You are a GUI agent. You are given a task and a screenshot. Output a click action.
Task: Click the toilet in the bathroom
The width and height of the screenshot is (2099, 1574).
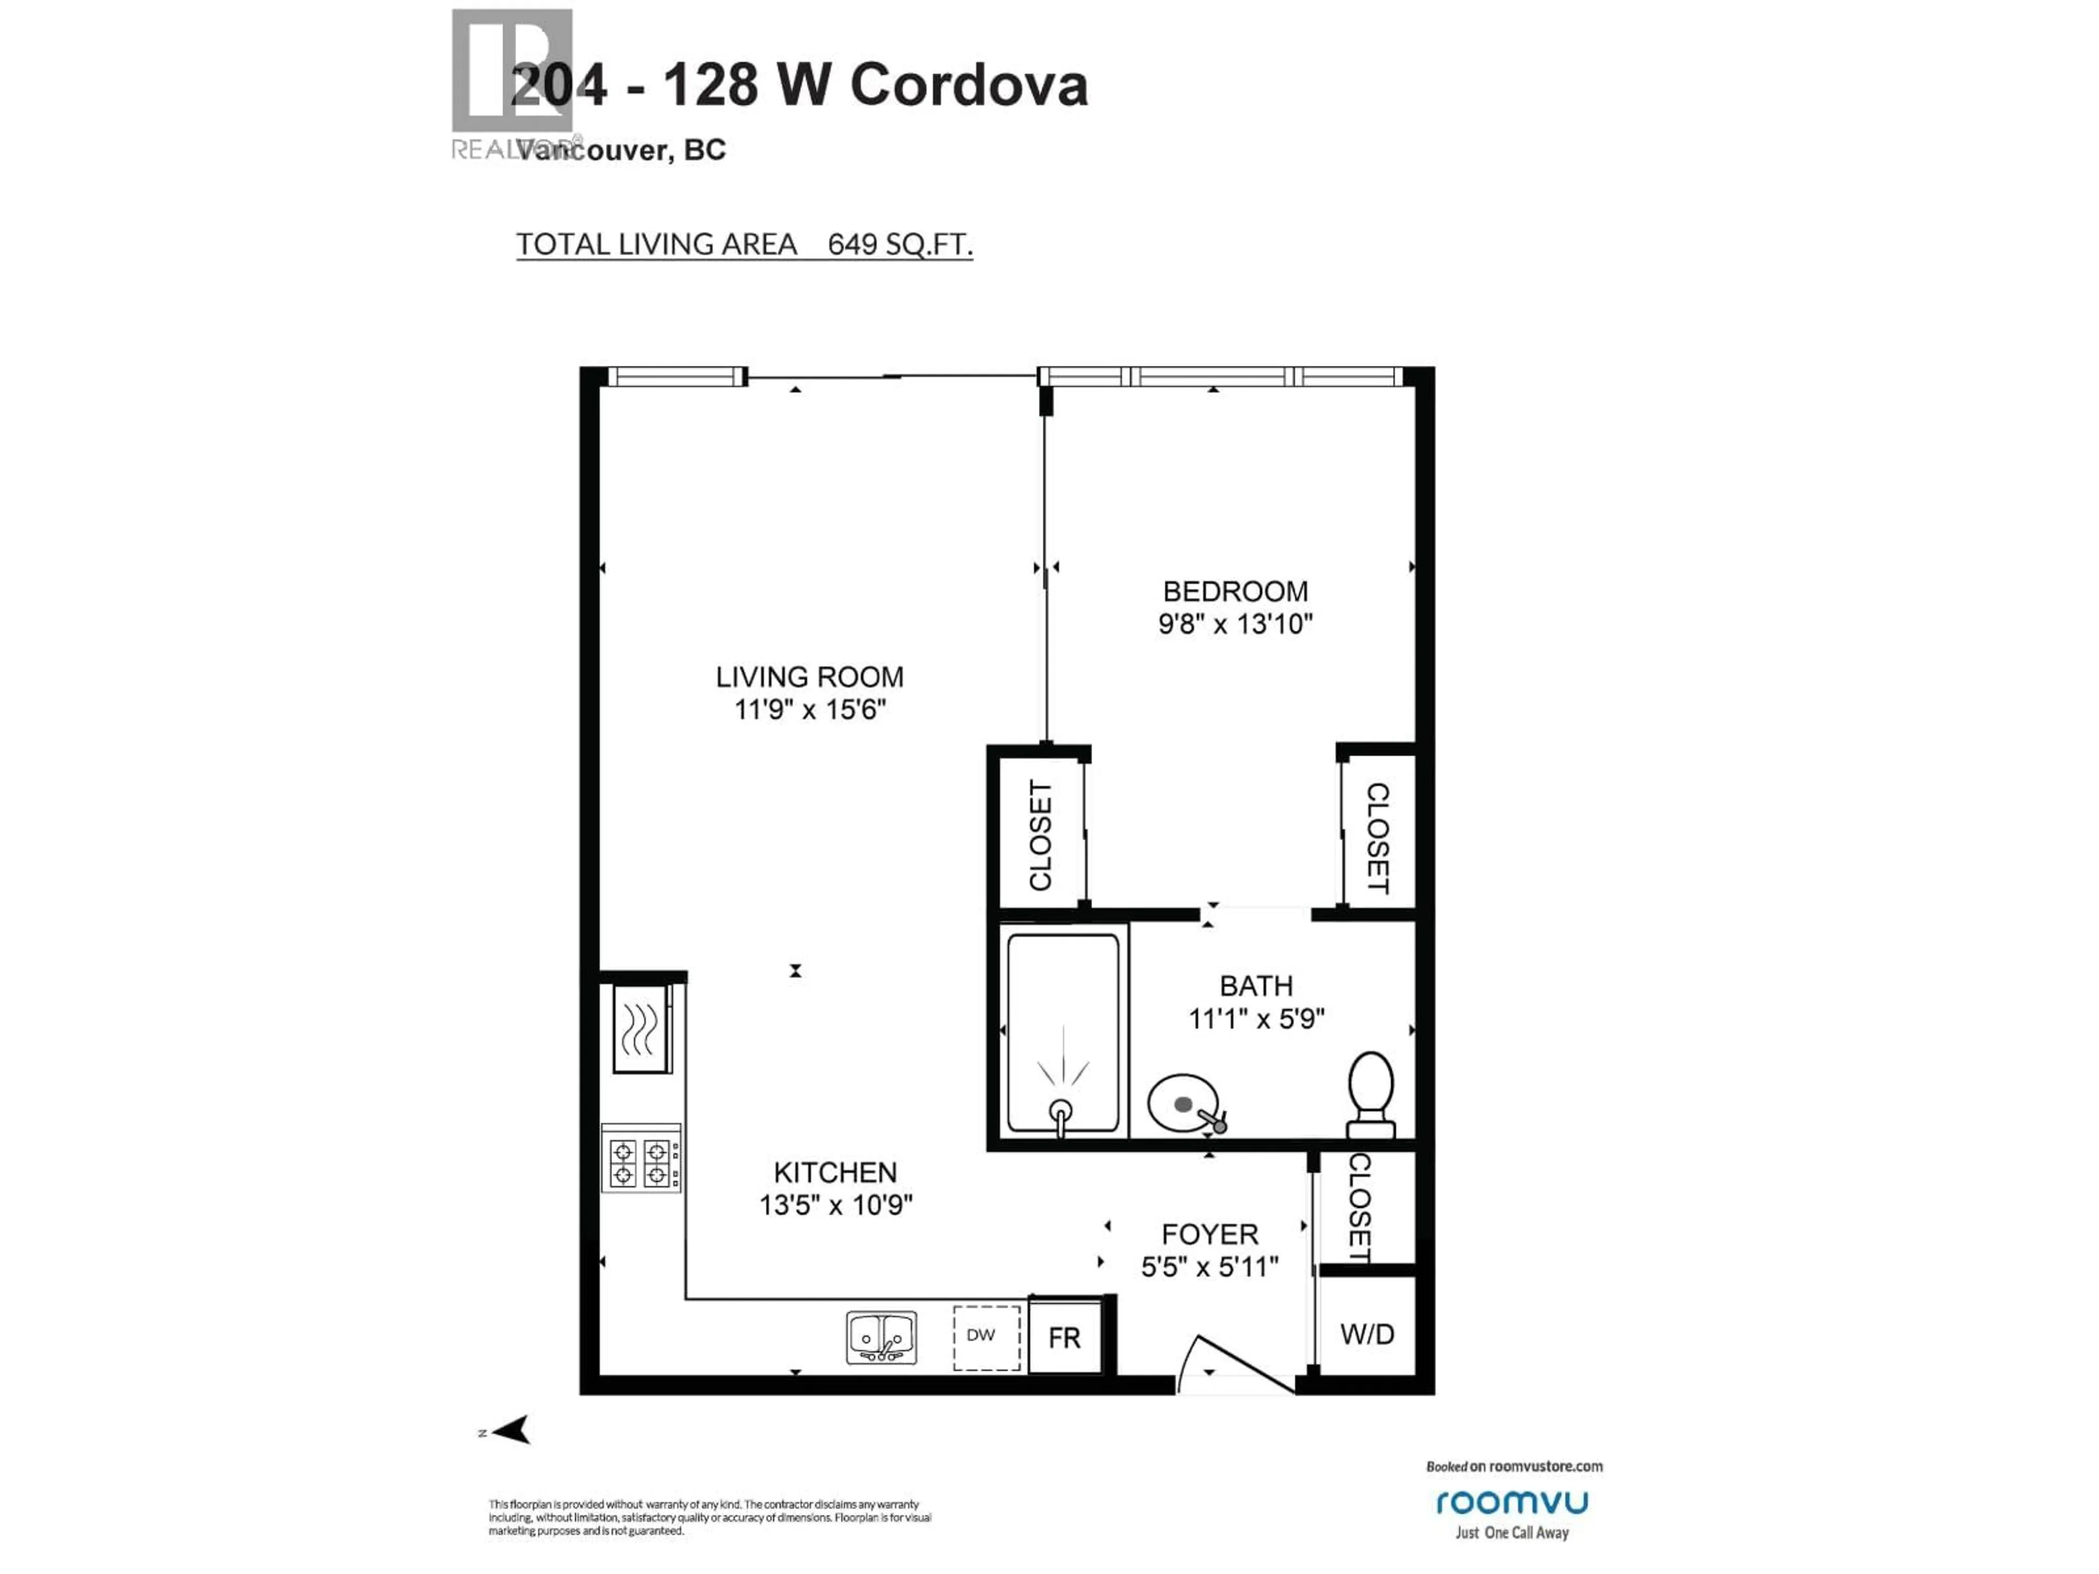tap(1370, 1093)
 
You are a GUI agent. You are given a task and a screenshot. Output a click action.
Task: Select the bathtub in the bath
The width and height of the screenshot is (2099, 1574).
tap(1062, 1032)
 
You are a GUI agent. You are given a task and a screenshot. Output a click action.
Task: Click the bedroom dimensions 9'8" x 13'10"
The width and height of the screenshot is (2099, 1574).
tap(1235, 624)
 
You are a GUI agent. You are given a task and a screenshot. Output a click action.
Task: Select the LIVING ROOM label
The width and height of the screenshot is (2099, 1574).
tap(810, 677)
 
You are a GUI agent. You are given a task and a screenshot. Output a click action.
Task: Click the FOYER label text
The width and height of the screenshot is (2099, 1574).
tap(1209, 1235)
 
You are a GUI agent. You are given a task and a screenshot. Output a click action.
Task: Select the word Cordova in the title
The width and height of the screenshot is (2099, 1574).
tap(968, 85)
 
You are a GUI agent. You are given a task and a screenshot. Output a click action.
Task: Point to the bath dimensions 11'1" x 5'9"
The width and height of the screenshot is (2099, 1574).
tap(1256, 1019)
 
